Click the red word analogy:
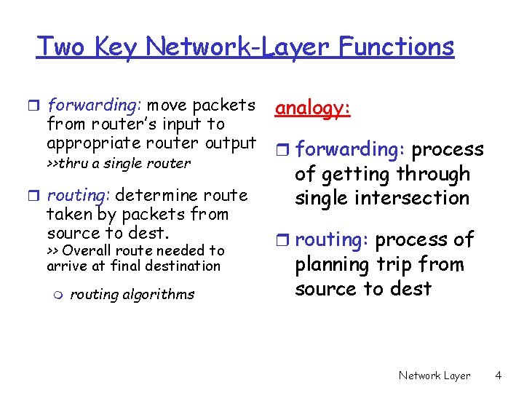coord(313,108)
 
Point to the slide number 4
coord(498,376)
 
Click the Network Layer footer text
coord(434,376)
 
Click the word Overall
coord(87,250)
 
